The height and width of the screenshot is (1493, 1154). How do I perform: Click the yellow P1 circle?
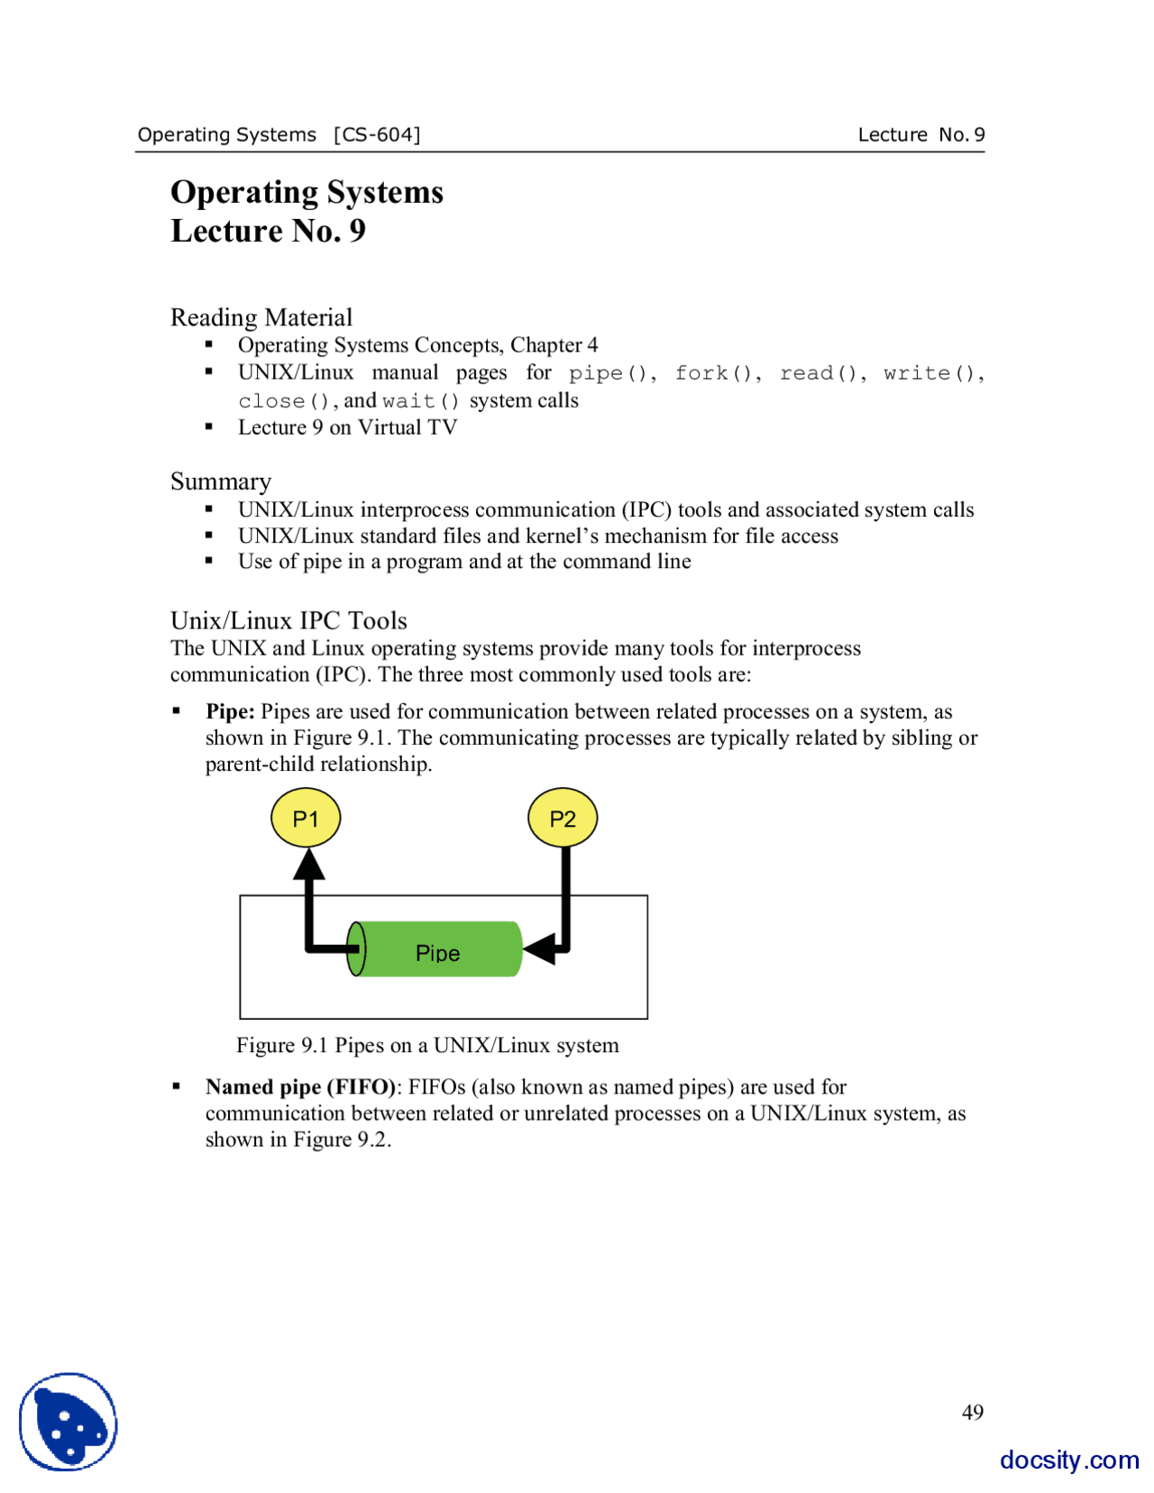pyautogui.click(x=306, y=818)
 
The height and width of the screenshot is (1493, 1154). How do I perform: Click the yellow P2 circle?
pyautogui.click(x=562, y=818)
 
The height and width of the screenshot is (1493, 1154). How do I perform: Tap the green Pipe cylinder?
pyautogui.click(x=437, y=949)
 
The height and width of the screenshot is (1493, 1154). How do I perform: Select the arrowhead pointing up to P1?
pyautogui.click(x=309, y=865)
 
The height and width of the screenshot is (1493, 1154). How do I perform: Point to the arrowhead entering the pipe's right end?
pyautogui.click(x=541, y=948)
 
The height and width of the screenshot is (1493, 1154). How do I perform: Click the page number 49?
pyautogui.click(x=972, y=1412)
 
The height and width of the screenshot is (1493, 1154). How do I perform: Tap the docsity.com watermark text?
pyautogui.click(x=1068, y=1459)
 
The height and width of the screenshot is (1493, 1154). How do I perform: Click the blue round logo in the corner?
pyautogui.click(x=69, y=1422)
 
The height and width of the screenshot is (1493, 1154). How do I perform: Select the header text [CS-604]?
pyautogui.click(x=377, y=134)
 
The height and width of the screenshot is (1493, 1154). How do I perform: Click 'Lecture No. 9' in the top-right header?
pyautogui.click(x=920, y=134)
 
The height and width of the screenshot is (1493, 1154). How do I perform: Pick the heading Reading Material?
pyautogui.click(x=261, y=317)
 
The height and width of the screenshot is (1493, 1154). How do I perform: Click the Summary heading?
pyautogui.click(x=221, y=481)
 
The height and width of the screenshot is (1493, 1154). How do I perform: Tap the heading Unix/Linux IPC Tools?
pyautogui.click(x=288, y=620)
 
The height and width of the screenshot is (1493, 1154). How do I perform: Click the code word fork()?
pyautogui.click(x=717, y=373)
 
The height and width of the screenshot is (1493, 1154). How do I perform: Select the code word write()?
pyautogui.click(x=930, y=373)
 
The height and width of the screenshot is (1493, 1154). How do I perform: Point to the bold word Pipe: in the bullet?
pyautogui.click(x=230, y=711)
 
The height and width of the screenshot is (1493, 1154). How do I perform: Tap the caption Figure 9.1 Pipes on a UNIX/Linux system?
pyautogui.click(x=427, y=1045)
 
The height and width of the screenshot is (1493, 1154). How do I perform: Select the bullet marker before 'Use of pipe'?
pyautogui.click(x=209, y=561)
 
